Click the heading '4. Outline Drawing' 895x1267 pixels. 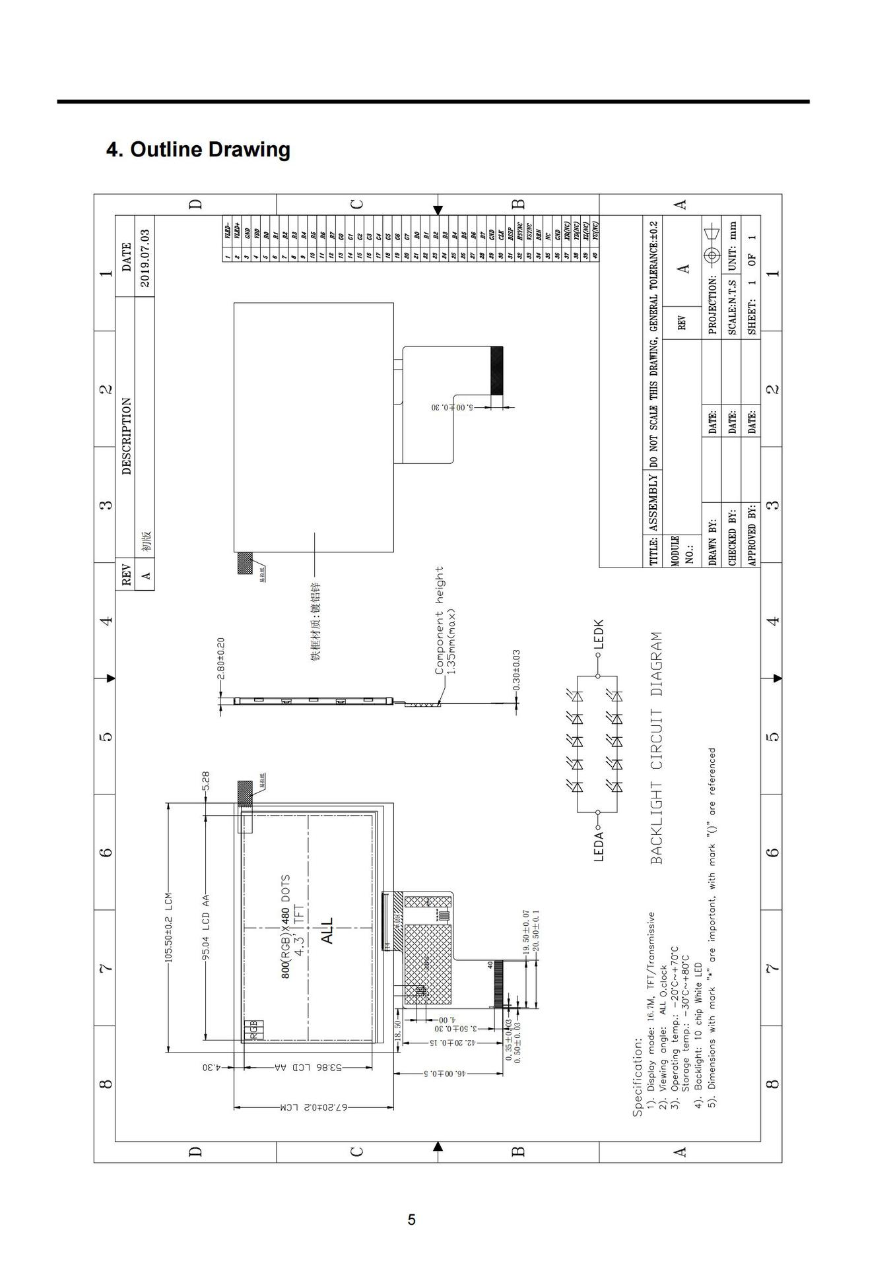point(198,149)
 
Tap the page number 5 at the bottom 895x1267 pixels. point(412,1219)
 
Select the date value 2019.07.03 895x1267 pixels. point(145,257)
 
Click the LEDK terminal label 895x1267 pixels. point(598,633)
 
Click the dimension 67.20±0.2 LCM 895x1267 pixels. point(314,1107)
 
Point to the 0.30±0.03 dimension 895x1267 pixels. point(516,670)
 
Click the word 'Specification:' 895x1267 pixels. point(637,1077)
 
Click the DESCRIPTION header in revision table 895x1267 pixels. point(126,436)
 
